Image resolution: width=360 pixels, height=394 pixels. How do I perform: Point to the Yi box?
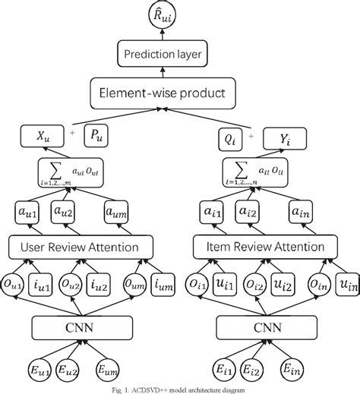(289, 138)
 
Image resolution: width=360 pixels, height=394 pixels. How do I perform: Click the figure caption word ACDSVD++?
(150, 389)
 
